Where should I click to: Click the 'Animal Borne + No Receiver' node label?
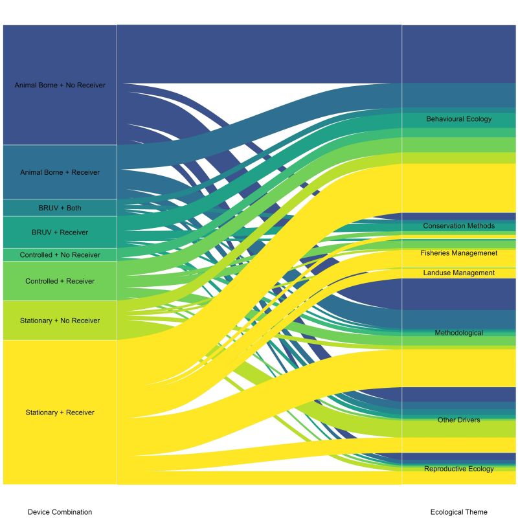pos(60,85)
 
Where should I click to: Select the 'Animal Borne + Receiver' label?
pos(60,172)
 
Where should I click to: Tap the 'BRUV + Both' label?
pos(60,208)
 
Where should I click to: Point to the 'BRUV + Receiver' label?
pos(60,232)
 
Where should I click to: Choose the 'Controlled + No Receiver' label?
pos(60,255)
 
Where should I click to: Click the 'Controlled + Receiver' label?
pos(60,281)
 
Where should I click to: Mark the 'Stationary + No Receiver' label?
pos(60,321)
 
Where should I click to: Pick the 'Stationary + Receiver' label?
pos(60,412)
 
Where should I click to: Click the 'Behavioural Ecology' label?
pos(458,119)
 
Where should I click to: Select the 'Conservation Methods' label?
pos(458,226)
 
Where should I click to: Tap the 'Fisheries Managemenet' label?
pos(458,253)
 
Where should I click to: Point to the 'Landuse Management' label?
pos(458,273)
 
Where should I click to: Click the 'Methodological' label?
pos(458,333)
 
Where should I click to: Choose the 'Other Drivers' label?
pos(458,420)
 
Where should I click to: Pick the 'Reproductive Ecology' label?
pos(458,469)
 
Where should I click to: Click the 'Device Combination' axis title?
pos(60,512)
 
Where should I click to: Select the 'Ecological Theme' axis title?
pos(458,512)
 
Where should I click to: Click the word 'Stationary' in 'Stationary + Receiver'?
pos(42,412)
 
